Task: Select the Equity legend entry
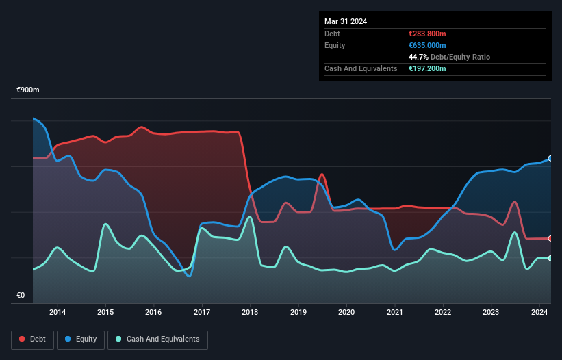(81, 339)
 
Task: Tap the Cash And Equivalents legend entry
(157, 339)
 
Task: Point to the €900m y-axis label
(28, 90)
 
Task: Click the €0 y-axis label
(21, 296)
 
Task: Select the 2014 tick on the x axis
(58, 313)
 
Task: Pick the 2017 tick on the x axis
(202, 313)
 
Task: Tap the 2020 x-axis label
(346, 313)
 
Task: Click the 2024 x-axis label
(539, 313)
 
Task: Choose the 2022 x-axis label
(443, 313)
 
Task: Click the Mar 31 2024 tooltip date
(346, 21)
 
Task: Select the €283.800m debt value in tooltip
(427, 34)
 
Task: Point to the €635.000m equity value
(427, 45)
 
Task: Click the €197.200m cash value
(427, 68)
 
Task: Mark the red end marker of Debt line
(550, 238)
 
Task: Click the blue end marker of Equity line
(550, 158)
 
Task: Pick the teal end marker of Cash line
(550, 258)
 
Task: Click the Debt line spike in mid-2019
(321, 175)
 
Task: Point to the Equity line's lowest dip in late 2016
(188, 276)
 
